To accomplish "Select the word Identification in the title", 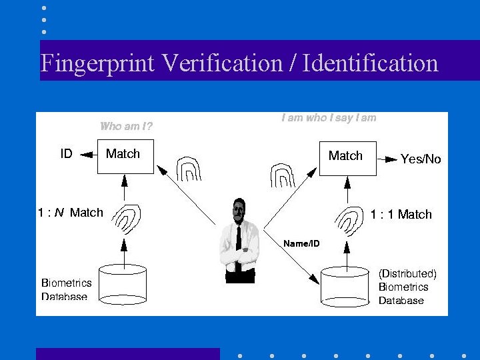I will [x=370, y=63].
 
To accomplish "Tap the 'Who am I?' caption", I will [x=126, y=126].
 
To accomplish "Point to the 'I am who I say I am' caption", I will [x=329, y=118].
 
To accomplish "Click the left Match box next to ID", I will [x=125, y=156].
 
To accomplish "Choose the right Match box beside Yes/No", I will [x=347, y=158].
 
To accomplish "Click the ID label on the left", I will [x=66, y=154].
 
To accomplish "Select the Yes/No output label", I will [x=421, y=159].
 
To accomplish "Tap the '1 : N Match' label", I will [x=70, y=213].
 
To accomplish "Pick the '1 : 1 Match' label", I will [x=401, y=214].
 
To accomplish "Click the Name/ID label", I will [x=301, y=243].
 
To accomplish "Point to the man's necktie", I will [x=238, y=247].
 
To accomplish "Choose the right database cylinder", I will [x=345, y=285].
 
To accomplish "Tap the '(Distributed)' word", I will [x=407, y=273].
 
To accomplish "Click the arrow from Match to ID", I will [x=86, y=155].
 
